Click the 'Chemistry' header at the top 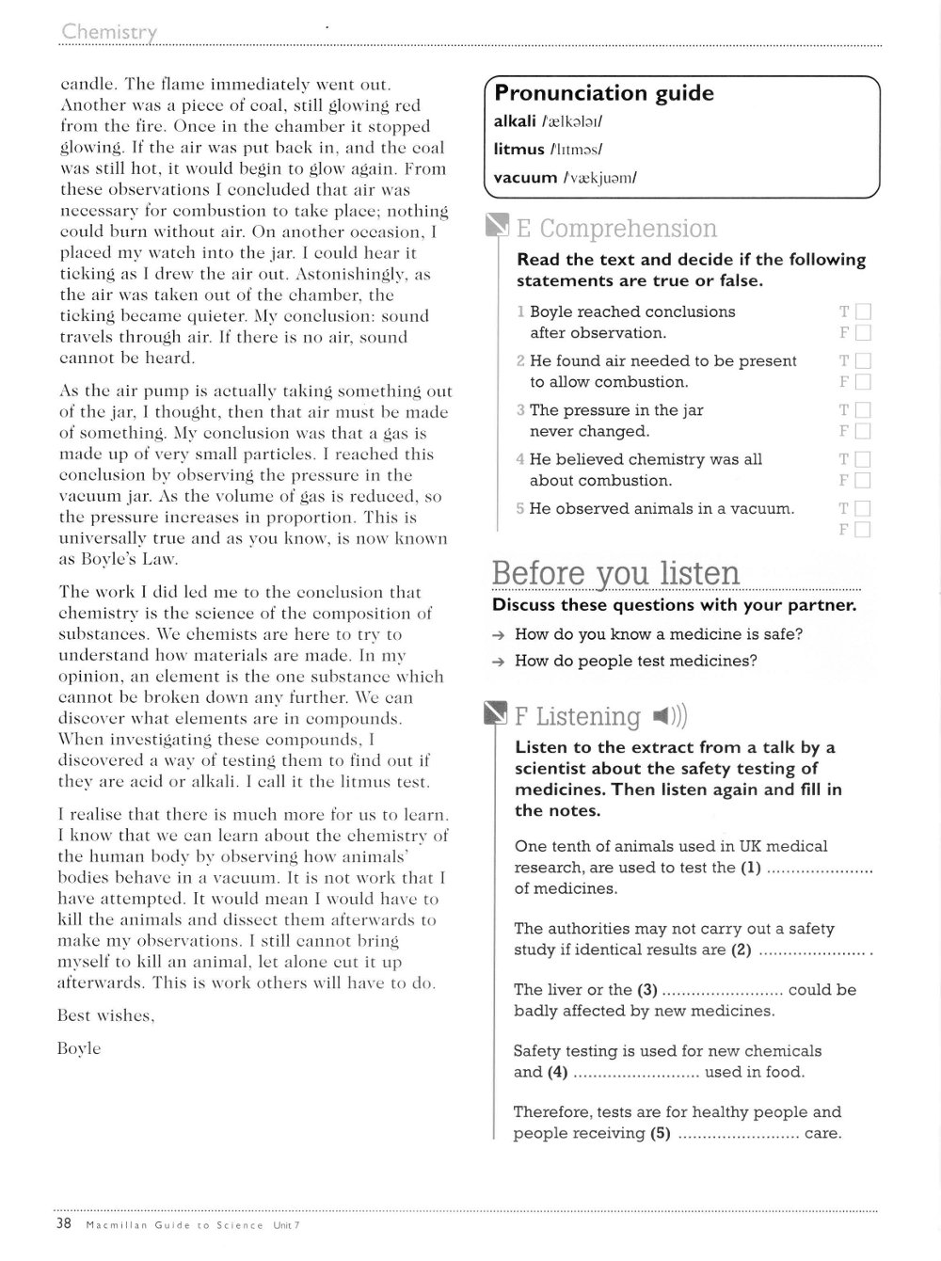(109, 33)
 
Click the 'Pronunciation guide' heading (604, 93)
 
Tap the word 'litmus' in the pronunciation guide (519, 149)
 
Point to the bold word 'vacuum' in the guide (525, 177)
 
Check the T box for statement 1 (863, 311)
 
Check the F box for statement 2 (863, 381)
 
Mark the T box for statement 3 (863, 410)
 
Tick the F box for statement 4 (863, 480)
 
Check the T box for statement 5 (863, 509)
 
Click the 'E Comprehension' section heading (616, 229)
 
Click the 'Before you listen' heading (616, 573)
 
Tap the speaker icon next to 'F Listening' (669, 717)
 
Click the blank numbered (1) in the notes (819, 869)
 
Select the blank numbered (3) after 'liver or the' (723, 991)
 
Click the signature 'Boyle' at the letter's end (79, 1048)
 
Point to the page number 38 (64, 1224)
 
